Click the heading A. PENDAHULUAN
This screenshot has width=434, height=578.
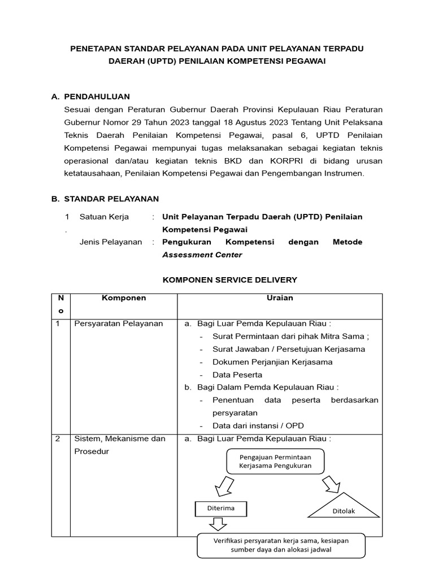tap(97, 97)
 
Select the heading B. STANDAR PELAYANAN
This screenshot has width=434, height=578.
tap(111, 199)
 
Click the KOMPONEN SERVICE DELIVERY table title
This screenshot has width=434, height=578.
tap(229, 280)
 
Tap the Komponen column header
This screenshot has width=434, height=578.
tap(123, 298)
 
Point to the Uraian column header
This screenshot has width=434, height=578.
tap(280, 298)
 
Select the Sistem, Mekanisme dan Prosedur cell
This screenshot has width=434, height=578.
tap(120, 445)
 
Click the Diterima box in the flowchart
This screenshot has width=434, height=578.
tap(220, 509)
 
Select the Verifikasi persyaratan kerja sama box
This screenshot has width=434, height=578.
tap(281, 545)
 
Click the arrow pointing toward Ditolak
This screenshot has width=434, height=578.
tap(330, 484)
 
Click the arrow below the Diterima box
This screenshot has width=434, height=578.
tap(217, 524)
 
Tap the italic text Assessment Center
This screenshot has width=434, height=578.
tap(202, 255)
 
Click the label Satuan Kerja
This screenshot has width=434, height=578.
tap(104, 217)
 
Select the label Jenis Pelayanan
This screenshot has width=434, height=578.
tap(111, 242)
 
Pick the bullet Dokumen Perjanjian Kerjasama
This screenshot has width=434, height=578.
tap(272, 362)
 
